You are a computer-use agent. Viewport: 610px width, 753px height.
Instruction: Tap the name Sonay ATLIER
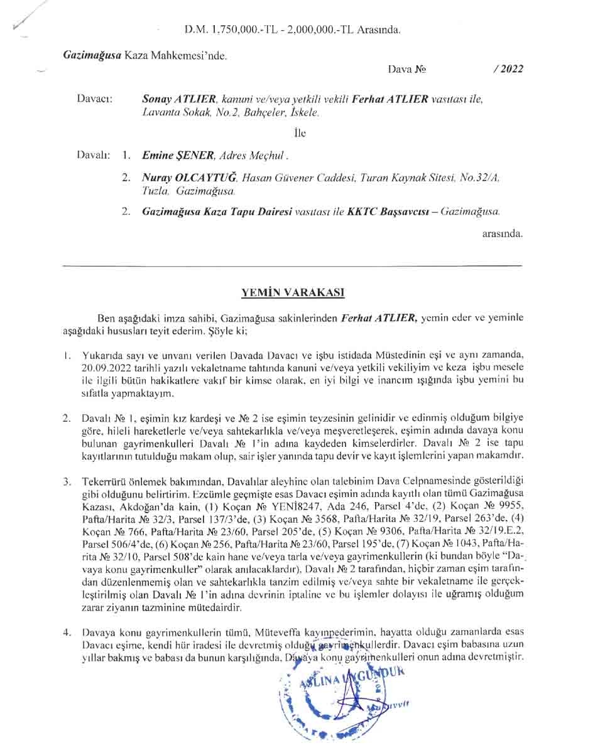[180, 99]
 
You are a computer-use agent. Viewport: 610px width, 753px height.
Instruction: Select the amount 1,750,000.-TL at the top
[245, 29]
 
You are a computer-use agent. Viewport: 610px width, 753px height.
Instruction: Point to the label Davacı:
[94, 99]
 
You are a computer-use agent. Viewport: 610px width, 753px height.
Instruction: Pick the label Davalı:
[94, 154]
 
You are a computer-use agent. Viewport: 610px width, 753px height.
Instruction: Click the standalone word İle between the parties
[300, 133]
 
